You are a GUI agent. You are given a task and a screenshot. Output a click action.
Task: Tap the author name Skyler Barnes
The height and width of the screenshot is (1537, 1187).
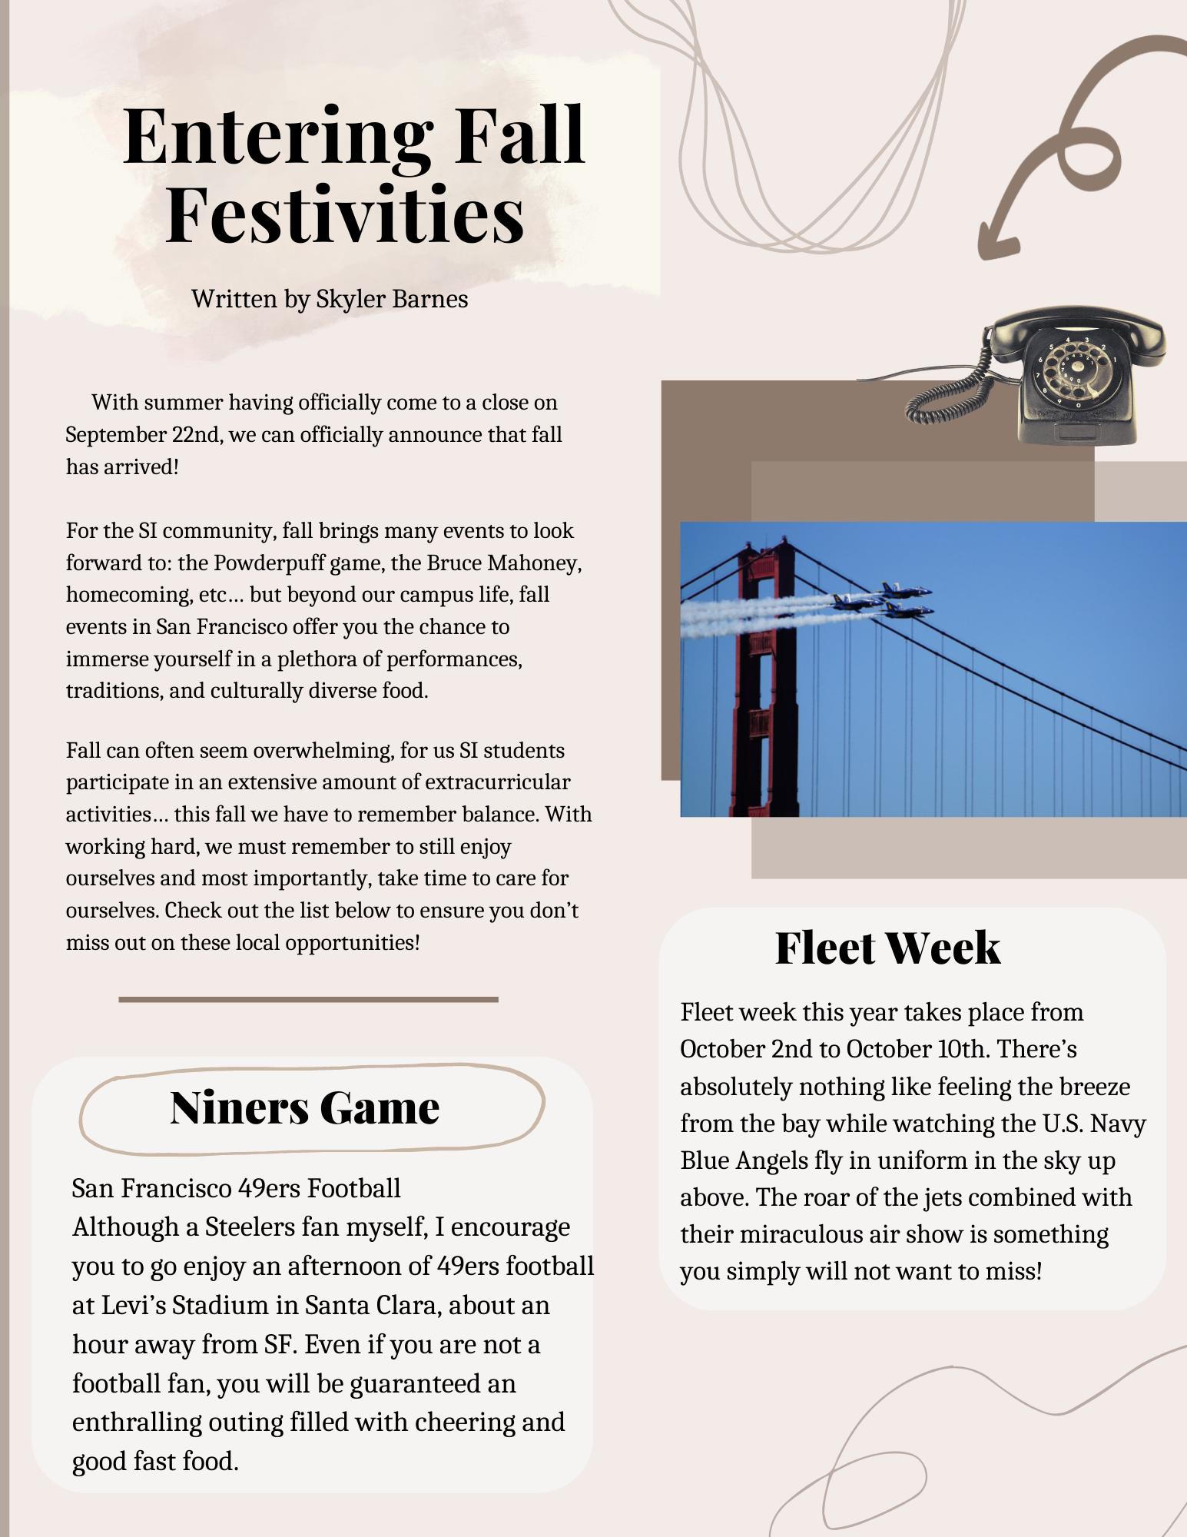coord(392,298)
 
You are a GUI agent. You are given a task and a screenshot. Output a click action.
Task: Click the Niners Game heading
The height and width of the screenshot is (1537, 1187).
coord(304,1107)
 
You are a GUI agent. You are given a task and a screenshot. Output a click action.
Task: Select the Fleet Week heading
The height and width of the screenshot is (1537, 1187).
coord(887,947)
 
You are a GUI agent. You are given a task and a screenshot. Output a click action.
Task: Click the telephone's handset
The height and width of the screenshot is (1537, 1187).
coord(1076,327)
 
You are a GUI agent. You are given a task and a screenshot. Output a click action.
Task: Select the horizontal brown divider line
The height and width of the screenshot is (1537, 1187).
coord(308,999)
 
